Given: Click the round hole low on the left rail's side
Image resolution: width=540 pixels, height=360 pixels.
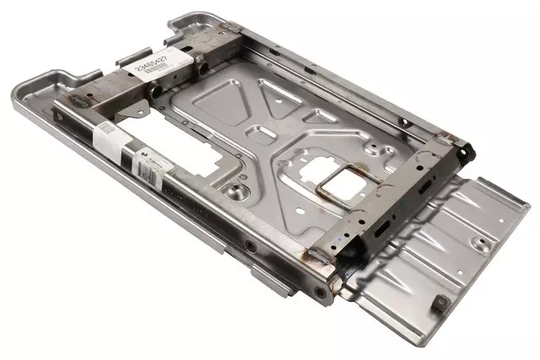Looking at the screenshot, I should [251, 247].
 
